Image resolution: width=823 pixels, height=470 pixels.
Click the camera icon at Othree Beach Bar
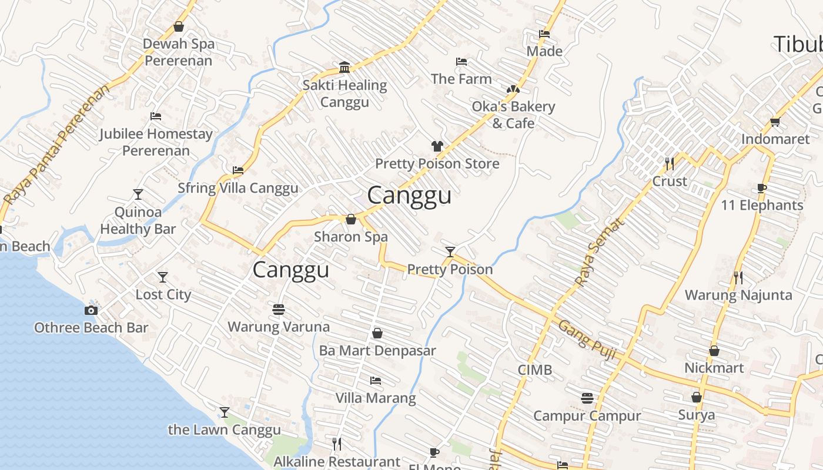(91, 310)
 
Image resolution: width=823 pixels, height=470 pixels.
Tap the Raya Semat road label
(598, 253)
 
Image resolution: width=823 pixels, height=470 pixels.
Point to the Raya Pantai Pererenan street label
(56, 145)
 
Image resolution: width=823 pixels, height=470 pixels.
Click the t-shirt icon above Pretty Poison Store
(437, 146)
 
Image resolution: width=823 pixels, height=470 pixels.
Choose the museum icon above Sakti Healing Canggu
(344, 68)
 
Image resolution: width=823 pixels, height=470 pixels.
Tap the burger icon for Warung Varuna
(279, 309)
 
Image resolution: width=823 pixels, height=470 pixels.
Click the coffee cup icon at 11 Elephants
(762, 188)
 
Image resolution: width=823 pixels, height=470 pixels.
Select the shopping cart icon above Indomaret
(775, 122)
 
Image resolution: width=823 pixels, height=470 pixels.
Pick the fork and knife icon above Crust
(670, 163)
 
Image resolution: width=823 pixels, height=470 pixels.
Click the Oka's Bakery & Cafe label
(513, 115)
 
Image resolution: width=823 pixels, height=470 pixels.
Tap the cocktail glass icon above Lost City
(163, 277)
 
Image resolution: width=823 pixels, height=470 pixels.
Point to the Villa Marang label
(375, 398)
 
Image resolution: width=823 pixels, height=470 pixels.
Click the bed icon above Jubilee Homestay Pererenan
(156, 116)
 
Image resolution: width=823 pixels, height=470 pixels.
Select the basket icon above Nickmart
(714, 351)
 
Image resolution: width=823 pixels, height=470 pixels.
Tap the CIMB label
(534, 370)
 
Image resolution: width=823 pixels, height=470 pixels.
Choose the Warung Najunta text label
(738, 295)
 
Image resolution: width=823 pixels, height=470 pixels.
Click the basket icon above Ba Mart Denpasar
(377, 333)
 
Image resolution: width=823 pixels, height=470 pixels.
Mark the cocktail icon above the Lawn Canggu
(224, 412)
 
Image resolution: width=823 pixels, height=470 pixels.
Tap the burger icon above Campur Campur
(587, 398)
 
